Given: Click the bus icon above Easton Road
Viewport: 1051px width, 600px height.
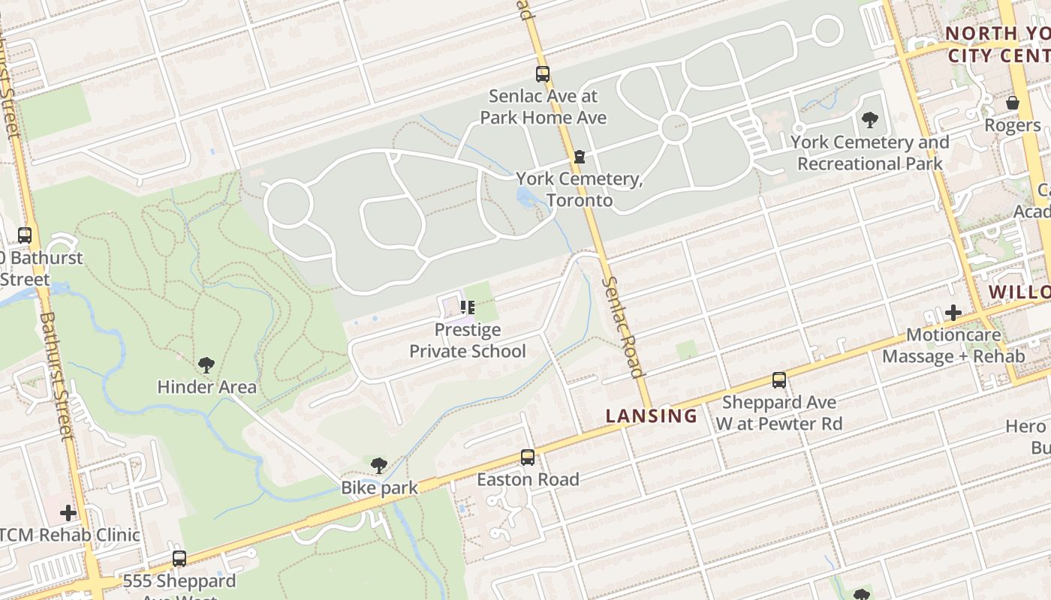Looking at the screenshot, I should click(528, 457).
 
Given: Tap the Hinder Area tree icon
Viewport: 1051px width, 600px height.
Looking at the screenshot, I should click(206, 365).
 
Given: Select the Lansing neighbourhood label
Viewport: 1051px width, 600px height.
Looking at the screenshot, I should click(652, 416).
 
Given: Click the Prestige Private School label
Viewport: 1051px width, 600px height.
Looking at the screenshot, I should click(467, 340).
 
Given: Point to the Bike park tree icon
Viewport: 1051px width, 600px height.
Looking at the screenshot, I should click(379, 466).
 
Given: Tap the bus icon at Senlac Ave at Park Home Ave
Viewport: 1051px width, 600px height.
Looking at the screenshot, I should click(543, 74).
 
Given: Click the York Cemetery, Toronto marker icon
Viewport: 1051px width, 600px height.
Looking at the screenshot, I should click(579, 157).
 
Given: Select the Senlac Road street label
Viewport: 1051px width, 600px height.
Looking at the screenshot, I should click(623, 327).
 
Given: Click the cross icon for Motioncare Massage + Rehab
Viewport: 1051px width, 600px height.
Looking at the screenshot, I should click(953, 312).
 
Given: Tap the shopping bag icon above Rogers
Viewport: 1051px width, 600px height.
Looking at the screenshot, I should click(1013, 103).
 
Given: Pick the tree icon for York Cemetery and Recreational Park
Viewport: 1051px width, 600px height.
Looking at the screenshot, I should click(870, 119).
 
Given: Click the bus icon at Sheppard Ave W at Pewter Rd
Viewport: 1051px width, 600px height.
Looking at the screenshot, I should click(779, 380).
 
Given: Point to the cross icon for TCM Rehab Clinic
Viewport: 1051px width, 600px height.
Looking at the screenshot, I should click(68, 513).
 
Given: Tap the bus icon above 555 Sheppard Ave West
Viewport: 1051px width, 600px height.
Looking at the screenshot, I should click(179, 559).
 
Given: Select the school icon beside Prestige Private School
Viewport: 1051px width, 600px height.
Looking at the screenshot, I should click(468, 307).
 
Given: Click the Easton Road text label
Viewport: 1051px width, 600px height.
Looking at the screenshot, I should click(528, 479).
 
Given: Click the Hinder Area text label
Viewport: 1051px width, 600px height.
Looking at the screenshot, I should click(206, 388).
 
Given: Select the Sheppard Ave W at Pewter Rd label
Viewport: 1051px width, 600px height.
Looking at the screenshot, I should click(778, 413).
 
